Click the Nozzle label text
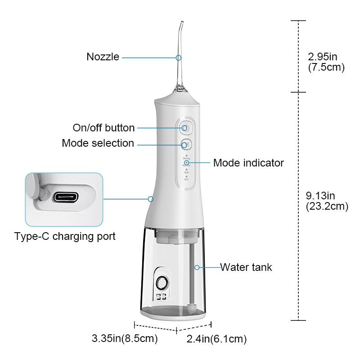click(103, 57)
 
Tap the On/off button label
click(103, 128)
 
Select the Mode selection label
click(98, 143)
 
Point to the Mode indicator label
click(248, 162)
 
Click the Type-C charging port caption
click(65, 236)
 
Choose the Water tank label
click(246, 267)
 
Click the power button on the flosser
click(185, 128)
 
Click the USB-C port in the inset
click(67, 198)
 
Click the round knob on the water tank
click(162, 283)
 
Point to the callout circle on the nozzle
click(179, 58)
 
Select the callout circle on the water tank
click(197, 267)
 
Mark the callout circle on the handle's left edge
click(151, 198)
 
